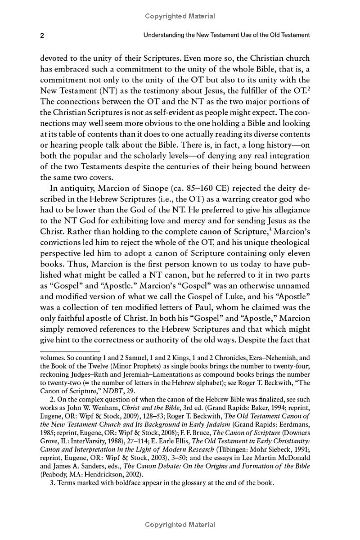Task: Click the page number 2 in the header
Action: [42, 35]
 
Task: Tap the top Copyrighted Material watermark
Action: [180, 16]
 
